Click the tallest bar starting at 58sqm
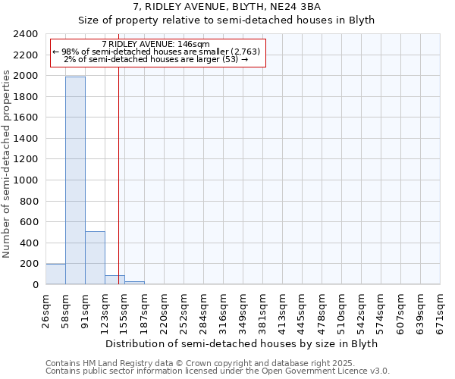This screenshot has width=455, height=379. tap(75, 180)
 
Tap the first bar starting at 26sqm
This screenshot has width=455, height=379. tap(55, 274)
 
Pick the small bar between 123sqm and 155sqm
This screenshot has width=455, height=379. tap(115, 280)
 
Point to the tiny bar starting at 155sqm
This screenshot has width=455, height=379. tap(134, 283)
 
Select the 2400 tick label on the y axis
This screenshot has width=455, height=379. tap(27, 35)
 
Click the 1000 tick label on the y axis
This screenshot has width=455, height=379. tap(27, 180)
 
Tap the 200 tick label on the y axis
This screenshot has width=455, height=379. tap(30, 264)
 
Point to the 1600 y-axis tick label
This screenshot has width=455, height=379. tap(27, 118)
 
